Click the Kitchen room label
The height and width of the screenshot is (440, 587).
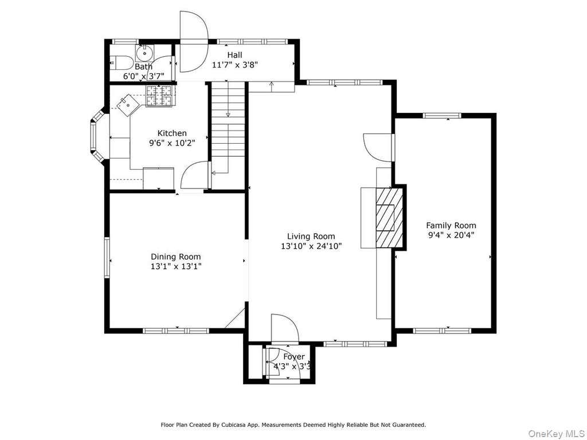tap(172, 133)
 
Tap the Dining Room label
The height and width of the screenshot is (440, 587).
tap(175, 257)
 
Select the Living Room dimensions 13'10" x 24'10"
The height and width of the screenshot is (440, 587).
tap(311, 246)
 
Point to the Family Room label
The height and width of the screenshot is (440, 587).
tap(451, 225)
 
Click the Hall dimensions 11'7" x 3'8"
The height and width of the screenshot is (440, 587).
tap(234, 65)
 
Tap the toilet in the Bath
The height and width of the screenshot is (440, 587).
tap(120, 62)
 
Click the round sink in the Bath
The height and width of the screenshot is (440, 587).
tap(144, 53)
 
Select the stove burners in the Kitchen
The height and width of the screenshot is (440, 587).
tap(159, 95)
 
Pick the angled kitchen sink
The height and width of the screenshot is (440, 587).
tap(128, 104)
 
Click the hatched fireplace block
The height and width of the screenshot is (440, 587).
tap(389, 217)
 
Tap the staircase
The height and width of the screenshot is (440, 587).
tap(228, 135)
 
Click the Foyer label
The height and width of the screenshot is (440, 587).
tap(294, 357)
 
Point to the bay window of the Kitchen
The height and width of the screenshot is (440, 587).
tap(98, 136)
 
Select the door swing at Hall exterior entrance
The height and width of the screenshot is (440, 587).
tap(194, 42)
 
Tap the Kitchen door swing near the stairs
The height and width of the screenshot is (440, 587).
tap(194, 175)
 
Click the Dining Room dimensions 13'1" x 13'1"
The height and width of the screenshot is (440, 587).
tap(176, 266)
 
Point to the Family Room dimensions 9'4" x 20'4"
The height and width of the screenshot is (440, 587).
tap(451, 235)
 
